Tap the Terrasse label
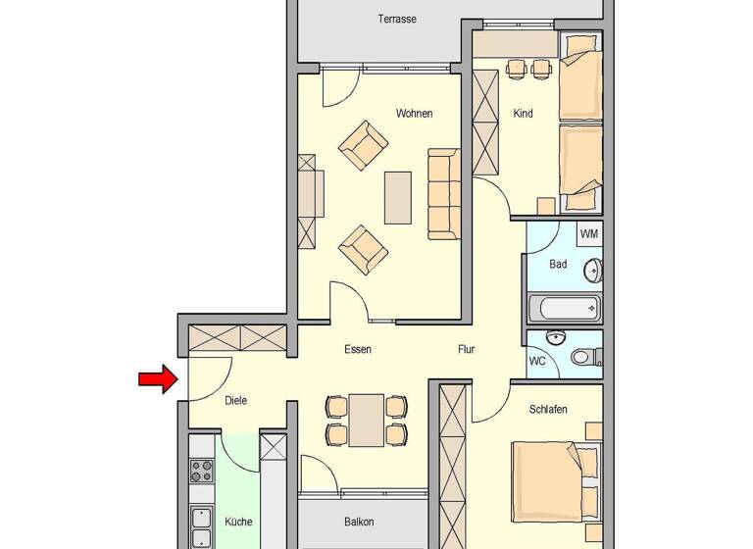(x=397, y=19)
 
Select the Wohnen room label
(x=414, y=114)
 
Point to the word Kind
(x=523, y=114)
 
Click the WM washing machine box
(x=588, y=233)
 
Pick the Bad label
(x=558, y=264)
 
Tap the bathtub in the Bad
(x=564, y=309)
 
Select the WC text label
(x=537, y=361)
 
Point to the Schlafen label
(x=549, y=408)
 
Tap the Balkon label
(x=359, y=523)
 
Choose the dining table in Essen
(x=366, y=419)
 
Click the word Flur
(x=467, y=349)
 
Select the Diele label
(x=235, y=400)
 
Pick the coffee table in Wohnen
(x=398, y=197)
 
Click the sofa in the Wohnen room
(x=443, y=193)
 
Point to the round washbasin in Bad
(x=593, y=270)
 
